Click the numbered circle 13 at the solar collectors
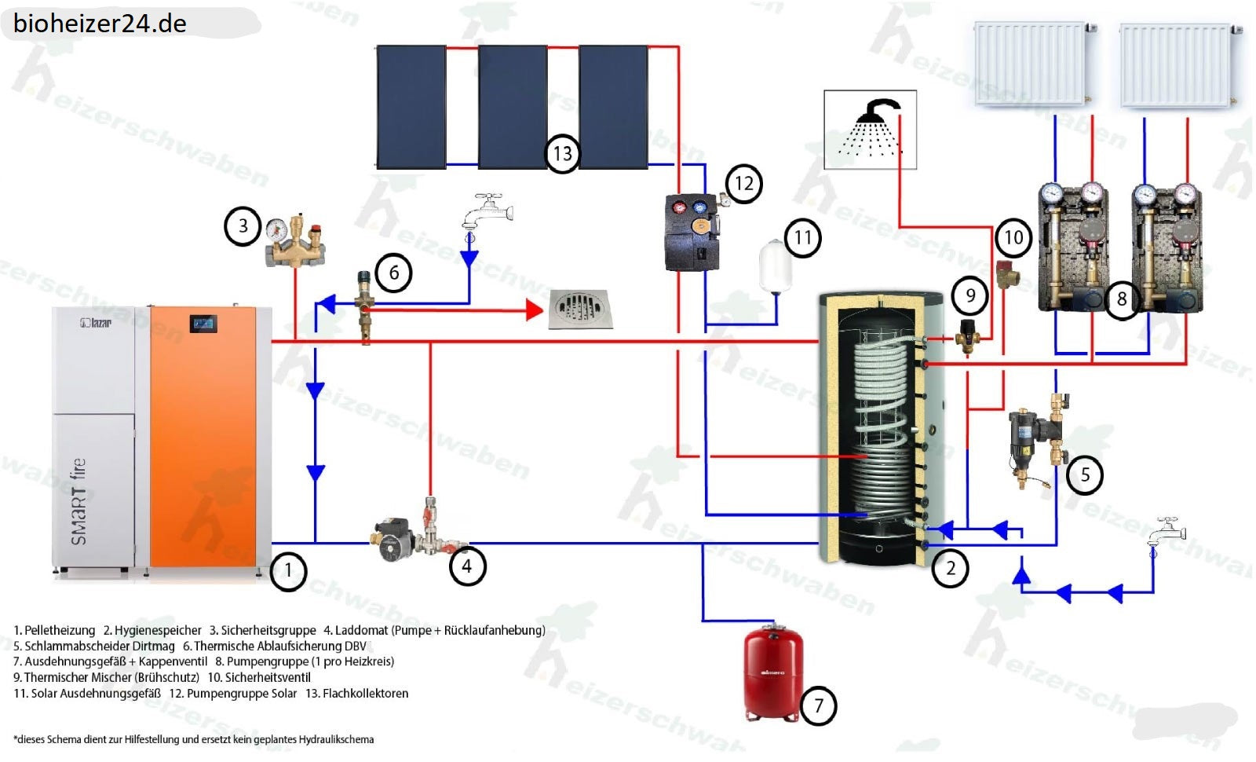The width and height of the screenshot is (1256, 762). [562, 153]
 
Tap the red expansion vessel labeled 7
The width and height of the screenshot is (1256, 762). [772, 672]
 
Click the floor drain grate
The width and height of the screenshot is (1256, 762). [580, 309]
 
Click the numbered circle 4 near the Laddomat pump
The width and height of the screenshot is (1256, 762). [467, 566]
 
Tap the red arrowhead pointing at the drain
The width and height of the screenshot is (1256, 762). [535, 310]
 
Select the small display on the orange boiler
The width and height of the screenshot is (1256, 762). [203, 323]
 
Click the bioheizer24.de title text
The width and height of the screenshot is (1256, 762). [100, 24]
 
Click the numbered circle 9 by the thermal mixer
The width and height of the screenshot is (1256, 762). [970, 295]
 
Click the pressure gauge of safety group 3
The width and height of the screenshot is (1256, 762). [276, 229]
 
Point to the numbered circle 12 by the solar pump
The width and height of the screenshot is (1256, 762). [743, 184]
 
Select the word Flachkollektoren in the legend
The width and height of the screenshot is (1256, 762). [365, 693]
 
